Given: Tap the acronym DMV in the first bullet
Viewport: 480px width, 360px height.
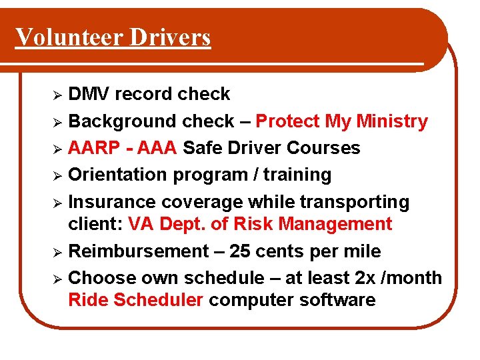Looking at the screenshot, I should (x=89, y=94).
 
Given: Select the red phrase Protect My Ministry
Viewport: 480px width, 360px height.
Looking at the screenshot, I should (x=341, y=121).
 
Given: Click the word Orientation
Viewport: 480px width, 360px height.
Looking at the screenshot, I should (x=118, y=175).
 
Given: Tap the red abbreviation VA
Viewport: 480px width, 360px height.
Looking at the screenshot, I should (x=141, y=224).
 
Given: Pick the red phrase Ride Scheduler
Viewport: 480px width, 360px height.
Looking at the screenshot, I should (x=135, y=300).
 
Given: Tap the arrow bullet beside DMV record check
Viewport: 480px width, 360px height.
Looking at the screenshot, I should (x=58, y=95).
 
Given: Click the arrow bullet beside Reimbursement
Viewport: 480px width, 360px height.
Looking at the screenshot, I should (x=58, y=252).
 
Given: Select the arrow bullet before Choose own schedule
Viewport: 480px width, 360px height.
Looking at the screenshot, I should (x=58, y=279).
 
